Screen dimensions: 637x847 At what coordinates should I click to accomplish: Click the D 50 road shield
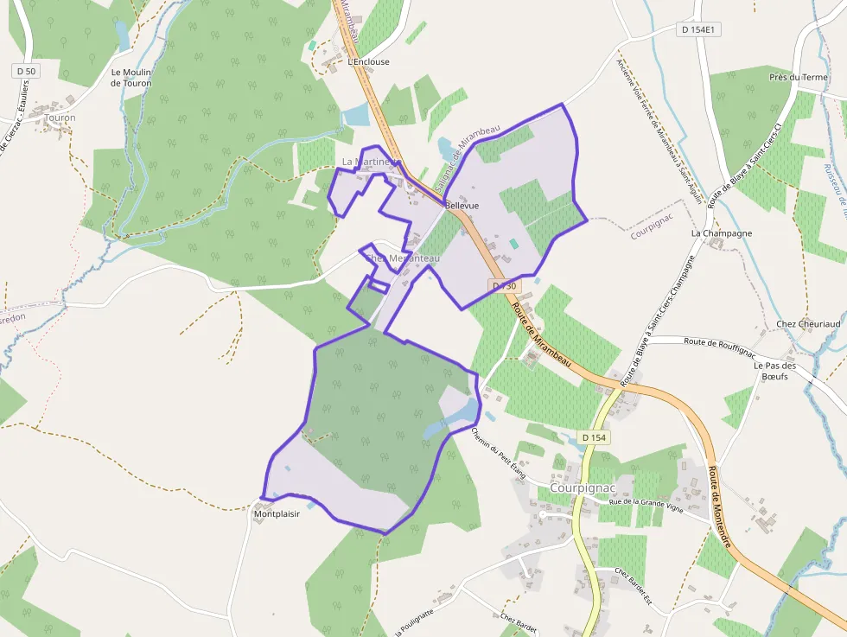26,70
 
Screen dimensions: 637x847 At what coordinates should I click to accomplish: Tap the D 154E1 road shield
699,29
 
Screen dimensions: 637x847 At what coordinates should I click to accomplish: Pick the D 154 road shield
595,438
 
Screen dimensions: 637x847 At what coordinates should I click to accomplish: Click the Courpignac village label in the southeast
582,487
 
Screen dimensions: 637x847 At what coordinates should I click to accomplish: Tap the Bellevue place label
462,207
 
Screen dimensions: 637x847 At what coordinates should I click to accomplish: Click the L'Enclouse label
368,62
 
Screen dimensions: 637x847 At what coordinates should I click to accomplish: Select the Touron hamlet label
60,118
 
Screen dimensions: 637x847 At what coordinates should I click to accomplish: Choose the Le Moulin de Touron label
131,78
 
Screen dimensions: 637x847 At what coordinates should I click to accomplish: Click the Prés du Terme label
798,77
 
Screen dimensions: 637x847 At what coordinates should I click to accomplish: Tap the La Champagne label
721,233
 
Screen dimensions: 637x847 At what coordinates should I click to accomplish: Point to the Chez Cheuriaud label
808,324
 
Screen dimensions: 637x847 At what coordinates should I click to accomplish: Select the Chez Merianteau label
402,258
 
